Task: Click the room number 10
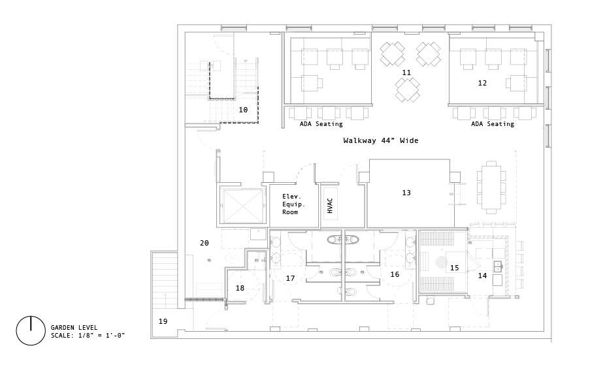click(x=243, y=110)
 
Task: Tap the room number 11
click(x=406, y=72)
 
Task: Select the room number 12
click(x=482, y=83)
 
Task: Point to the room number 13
click(x=406, y=193)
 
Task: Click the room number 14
click(x=482, y=276)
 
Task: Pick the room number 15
click(x=455, y=268)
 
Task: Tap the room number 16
click(x=395, y=275)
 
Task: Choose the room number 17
click(x=291, y=279)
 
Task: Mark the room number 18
click(x=240, y=288)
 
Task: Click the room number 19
click(x=163, y=321)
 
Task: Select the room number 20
click(x=204, y=243)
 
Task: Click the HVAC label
click(x=330, y=206)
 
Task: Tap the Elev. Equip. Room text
click(x=291, y=204)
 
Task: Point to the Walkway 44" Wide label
click(x=381, y=140)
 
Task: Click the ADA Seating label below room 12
click(x=493, y=124)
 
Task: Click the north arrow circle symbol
click(x=30, y=330)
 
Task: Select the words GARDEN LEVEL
click(x=74, y=327)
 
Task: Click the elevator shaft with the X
click(x=240, y=206)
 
